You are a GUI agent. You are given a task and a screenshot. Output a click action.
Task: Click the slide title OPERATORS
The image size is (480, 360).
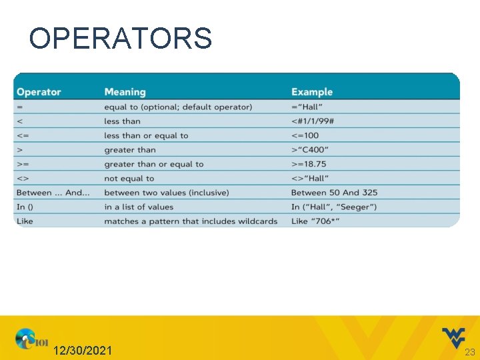[x=120, y=39]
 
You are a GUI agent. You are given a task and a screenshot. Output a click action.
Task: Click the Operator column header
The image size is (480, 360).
[x=39, y=92]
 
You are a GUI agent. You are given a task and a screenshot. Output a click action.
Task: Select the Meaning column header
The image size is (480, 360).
[x=125, y=92]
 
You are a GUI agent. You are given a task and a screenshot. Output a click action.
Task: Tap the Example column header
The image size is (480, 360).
[x=311, y=92]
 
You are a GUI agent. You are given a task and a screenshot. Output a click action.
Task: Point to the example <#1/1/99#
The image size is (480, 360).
[x=313, y=121]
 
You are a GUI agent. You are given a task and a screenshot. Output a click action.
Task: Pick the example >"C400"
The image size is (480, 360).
[x=309, y=150]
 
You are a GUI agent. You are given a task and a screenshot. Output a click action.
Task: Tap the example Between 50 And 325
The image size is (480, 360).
[x=334, y=193]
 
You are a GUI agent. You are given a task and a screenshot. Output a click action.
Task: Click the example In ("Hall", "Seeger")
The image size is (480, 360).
[x=333, y=207]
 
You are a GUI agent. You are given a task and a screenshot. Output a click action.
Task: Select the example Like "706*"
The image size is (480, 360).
[x=315, y=221]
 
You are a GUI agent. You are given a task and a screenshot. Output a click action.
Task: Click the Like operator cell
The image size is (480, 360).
[x=25, y=221]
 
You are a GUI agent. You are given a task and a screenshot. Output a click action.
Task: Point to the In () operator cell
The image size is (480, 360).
[x=27, y=207]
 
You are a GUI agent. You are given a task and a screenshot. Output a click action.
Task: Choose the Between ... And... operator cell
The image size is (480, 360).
[x=53, y=193]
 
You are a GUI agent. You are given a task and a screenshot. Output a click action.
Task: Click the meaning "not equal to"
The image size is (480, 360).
[x=129, y=179]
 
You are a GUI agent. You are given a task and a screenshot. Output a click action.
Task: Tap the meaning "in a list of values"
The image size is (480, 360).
[x=138, y=207]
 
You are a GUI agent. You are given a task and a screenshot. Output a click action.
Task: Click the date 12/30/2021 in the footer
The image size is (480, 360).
[x=83, y=351]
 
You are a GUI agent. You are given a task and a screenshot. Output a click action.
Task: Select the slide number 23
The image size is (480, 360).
[x=469, y=351]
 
